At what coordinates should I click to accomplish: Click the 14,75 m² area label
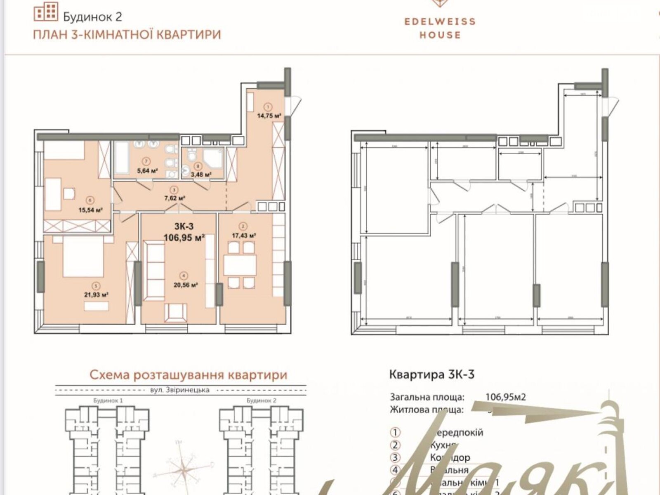point(269,116)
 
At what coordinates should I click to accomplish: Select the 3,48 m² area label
point(201,174)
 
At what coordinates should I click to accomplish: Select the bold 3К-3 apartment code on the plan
point(184,226)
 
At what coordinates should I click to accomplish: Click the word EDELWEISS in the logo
point(440,21)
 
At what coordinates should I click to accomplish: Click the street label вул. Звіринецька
point(180,390)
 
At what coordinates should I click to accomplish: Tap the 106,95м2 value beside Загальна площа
point(505,398)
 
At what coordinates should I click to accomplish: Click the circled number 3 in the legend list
point(395,457)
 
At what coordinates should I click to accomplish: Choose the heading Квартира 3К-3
point(431,374)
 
